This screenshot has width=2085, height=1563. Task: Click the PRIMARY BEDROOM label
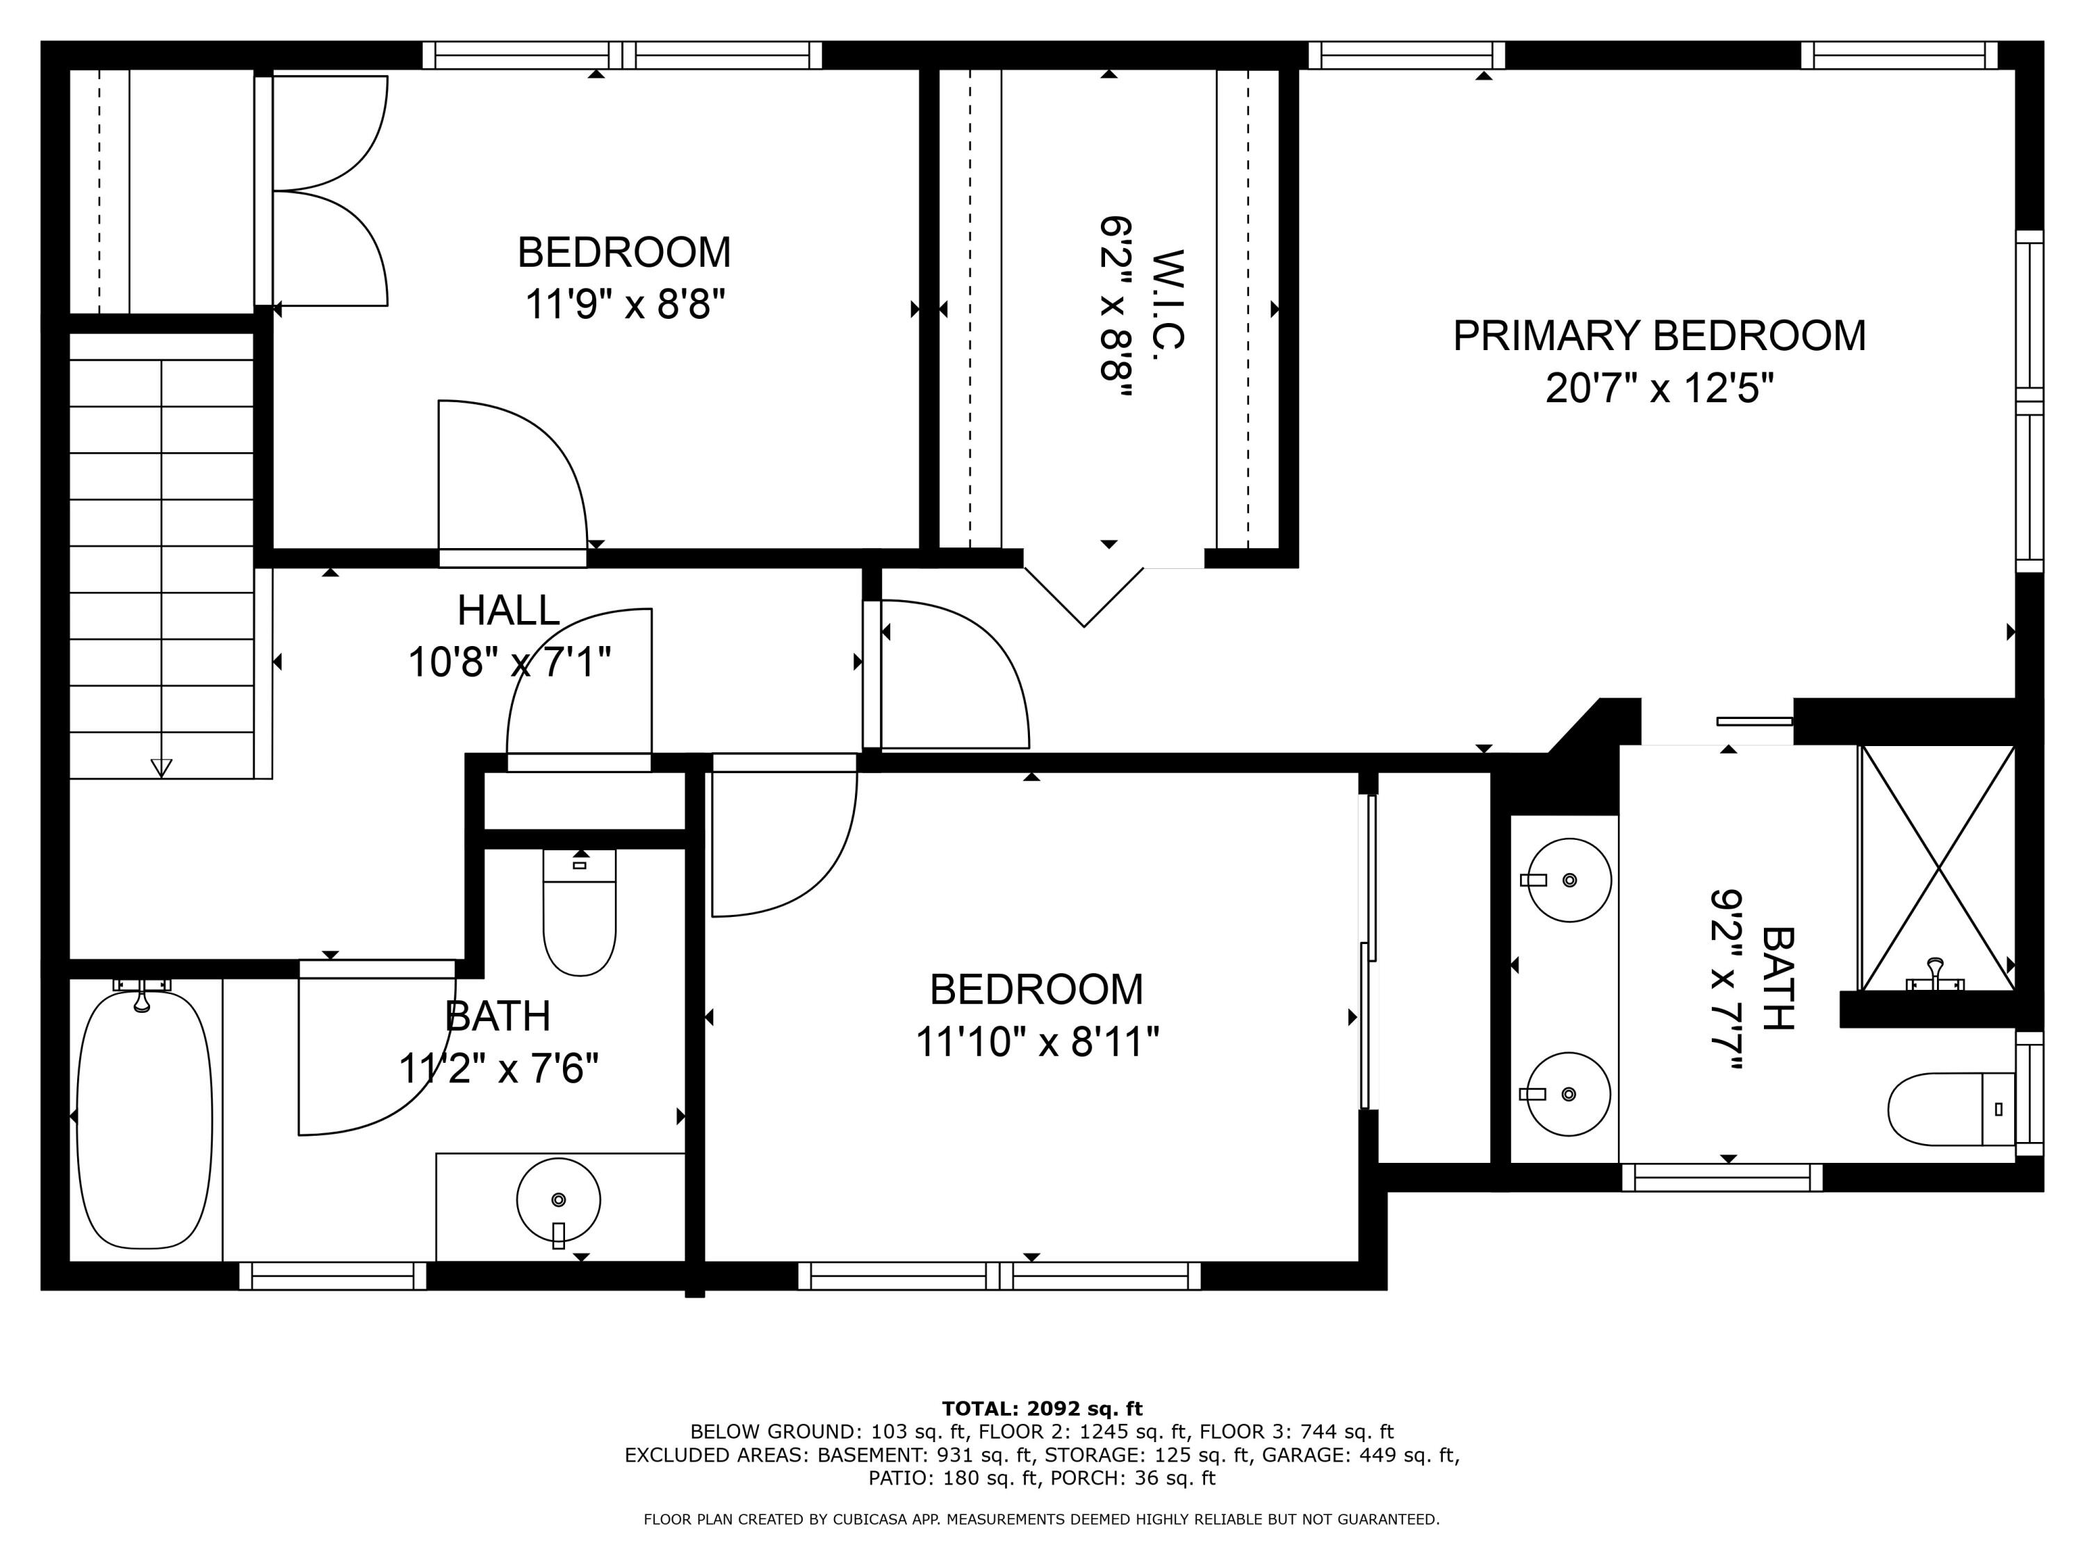pyautogui.click(x=1658, y=336)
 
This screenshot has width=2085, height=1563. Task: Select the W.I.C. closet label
pyautogui.click(x=1167, y=301)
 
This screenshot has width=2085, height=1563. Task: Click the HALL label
pyautogui.click(x=508, y=611)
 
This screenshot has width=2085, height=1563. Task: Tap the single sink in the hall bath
pyautogui.click(x=558, y=1200)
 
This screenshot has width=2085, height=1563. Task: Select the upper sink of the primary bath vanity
pyautogui.click(x=1569, y=880)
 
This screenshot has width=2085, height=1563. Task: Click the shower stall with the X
pyautogui.click(x=1938, y=868)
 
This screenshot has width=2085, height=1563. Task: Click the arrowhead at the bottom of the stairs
pyautogui.click(x=161, y=768)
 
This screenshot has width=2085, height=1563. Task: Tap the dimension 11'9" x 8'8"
pyautogui.click(x=624, y=304)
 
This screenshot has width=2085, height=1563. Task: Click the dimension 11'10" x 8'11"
pyautogui.click(x=1037, y=1042)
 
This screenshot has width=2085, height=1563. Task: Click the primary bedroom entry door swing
pyautogui.click(x=952, y=674)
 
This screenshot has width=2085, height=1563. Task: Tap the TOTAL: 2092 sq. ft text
pyautogui.click(x=1042, y=1409)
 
